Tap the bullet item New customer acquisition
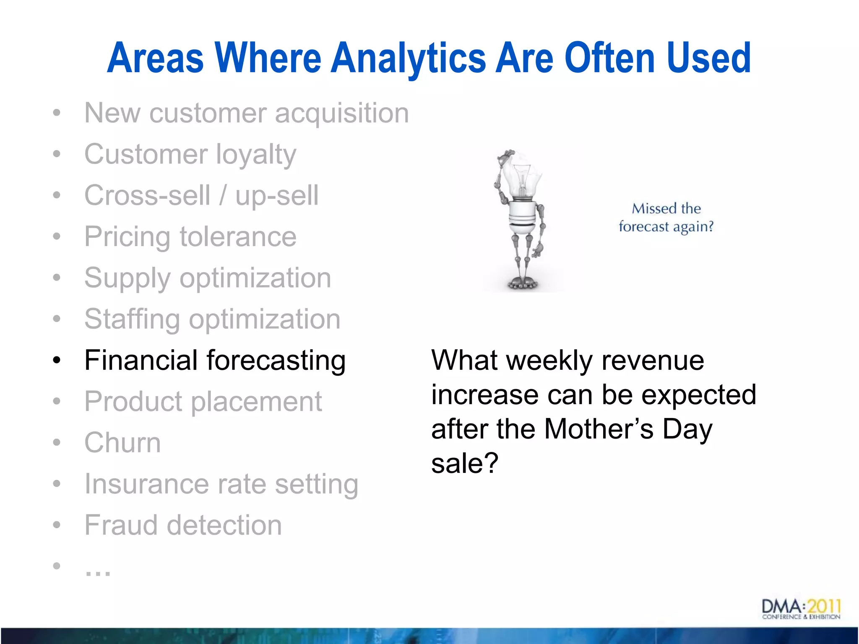tap(246, 113)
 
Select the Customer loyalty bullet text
tap(190, 154)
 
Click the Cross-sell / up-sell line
tap(201, 195)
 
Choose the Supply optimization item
tap(208, 278)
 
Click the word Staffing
tap(132, 319)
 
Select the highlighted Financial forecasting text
tap(215, 361)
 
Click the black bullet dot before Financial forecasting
tap(57, 360)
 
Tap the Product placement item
tap(203, 402)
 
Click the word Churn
tap(122, 443)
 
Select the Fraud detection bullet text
tap(183, 525)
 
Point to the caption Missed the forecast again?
tap(666, 218)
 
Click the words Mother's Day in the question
tap(628, 429)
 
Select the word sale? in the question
tap(465, 464)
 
